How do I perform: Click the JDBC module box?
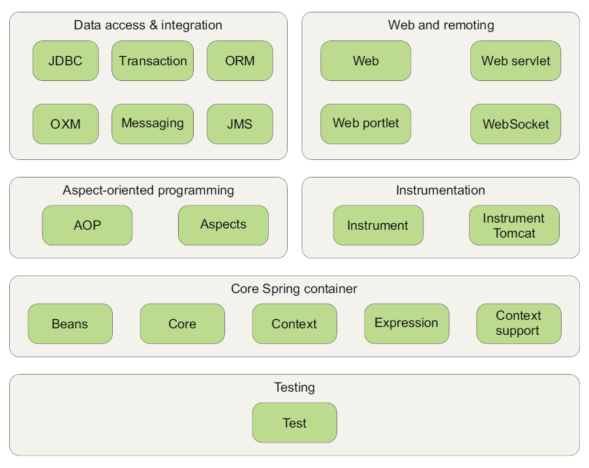(x=65, y=61)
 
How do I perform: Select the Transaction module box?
(x=153, y=61)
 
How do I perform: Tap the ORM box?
(x=239, y=61)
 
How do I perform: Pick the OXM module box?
(x=65, y=124)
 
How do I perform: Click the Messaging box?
(x=153, y=124)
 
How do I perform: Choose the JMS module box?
(x=239, y=124)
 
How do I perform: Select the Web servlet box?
(x=515, y=61)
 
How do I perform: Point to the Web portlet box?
(x=365, y=124)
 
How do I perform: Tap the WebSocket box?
(x=515, y=124)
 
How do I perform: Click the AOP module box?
(x=87, y=225)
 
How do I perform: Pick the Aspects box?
(x=223, y=225)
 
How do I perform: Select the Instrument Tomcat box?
(x=514, y=225)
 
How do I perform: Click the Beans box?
(x=70, y=324)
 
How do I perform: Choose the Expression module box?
(x=406, y=324)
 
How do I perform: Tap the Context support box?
(x=519, y=324)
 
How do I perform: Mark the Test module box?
(x=294, y=422)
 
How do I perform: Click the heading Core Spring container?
(x=294, y=289)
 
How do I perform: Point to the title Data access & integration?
(x=148, y=25)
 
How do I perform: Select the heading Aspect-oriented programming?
(x=148, y=191)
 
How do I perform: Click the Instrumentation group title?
(x=440, y=191)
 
